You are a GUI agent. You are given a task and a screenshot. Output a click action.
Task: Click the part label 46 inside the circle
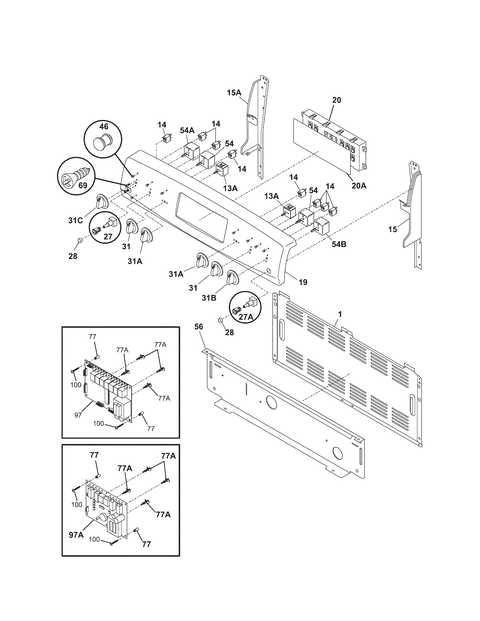pos(104,126)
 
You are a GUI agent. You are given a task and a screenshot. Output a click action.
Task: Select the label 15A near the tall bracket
pos(234,92)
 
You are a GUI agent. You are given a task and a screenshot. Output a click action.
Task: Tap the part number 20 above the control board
pos(336,100)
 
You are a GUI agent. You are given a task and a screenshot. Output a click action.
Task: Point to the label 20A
pos(359,186)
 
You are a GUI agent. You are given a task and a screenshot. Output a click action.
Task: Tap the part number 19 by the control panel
pos(303,282)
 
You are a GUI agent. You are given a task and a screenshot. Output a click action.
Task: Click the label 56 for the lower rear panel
pos(199,327)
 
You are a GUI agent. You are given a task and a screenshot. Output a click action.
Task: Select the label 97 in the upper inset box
pos(78,415)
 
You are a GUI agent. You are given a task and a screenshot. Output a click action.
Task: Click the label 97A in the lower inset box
pos(76,535)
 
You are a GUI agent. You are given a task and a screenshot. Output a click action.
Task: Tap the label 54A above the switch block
pos(187,130)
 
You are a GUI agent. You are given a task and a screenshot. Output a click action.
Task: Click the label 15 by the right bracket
pos(393,229)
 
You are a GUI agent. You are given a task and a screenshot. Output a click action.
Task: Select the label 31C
pos(76,220)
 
